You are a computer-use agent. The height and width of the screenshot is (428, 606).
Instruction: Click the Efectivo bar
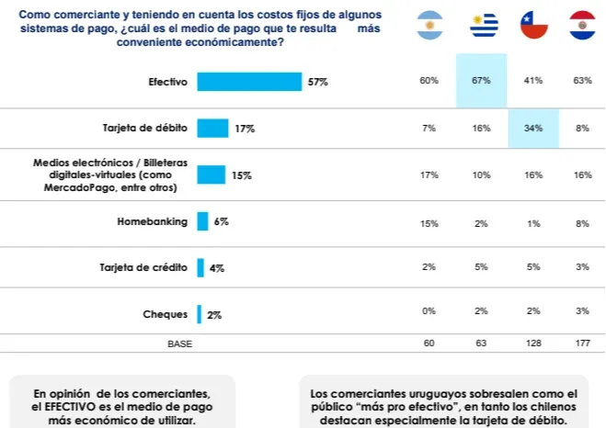(249, 82)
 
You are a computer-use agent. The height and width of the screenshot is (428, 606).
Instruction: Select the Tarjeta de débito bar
(212, 129)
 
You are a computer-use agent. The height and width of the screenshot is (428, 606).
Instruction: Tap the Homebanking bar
(202, 221)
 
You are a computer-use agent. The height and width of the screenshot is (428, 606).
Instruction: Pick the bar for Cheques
(199, 314)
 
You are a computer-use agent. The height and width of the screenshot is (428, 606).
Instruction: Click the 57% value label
(318, 83)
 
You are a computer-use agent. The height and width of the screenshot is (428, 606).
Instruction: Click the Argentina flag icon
(429, 26)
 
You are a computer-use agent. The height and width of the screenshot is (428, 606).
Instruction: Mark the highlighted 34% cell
(532, 128)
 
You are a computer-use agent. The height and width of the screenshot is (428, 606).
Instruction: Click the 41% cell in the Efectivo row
(532, 81)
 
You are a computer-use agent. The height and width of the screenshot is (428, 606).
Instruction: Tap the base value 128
(532, 344)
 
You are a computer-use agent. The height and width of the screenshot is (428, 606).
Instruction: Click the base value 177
(583, 344)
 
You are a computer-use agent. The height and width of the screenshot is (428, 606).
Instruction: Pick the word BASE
(180, 344)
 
